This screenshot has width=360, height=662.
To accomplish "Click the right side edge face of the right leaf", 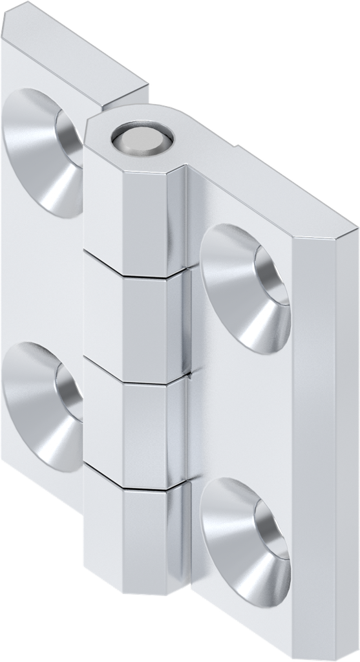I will [323, 453].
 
